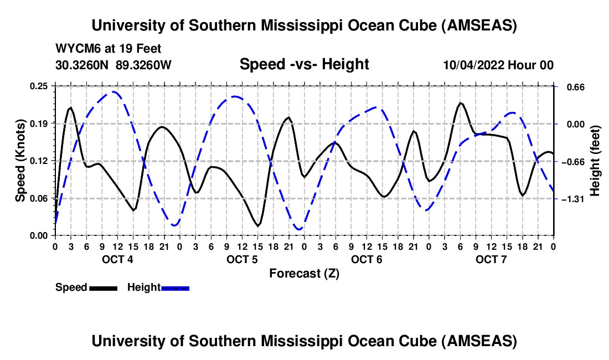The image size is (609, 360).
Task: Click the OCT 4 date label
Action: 117,259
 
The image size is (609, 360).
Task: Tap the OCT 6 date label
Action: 366,259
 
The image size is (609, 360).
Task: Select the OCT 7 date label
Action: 491,259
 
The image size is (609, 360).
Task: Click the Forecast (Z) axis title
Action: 304,273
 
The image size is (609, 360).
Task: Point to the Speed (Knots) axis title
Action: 20,161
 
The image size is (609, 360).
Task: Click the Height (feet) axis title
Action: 596,161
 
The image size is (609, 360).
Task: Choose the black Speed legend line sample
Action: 103,288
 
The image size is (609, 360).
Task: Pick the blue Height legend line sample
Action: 176,288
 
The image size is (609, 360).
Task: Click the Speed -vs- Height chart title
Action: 304,64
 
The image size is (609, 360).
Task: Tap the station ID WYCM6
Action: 74,49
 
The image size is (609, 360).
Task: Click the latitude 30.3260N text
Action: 83,65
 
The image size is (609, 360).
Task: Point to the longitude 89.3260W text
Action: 144,65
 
